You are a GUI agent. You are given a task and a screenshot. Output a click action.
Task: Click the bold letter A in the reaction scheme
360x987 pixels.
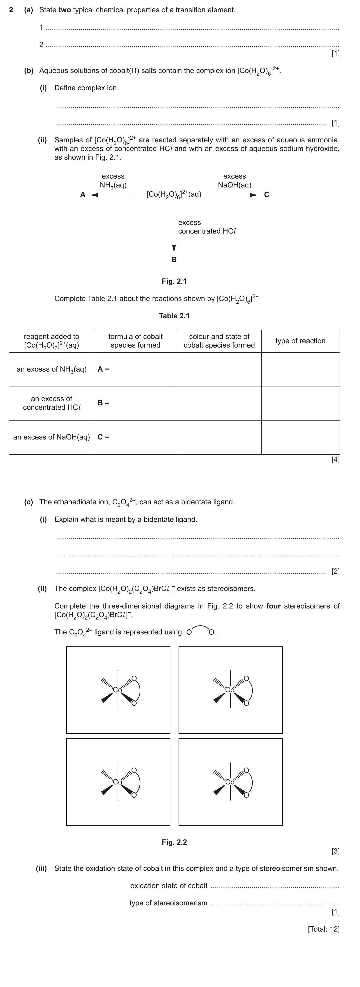83,195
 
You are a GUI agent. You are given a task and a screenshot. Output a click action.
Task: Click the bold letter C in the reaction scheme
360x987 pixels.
267,195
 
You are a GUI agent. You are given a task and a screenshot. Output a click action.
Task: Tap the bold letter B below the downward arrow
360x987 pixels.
174,260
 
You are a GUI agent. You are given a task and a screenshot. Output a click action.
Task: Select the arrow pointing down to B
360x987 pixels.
174,230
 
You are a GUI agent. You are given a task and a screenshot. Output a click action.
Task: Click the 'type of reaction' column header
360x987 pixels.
300,341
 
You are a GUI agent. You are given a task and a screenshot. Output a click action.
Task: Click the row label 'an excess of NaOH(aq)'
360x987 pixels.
52,437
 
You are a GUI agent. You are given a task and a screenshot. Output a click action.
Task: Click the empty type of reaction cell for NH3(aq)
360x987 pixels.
300,369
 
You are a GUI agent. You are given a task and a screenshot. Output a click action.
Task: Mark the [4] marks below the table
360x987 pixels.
335,459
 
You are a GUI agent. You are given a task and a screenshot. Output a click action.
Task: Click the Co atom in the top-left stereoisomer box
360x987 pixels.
118,690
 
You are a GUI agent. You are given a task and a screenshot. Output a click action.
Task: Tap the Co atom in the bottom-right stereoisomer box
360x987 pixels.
230,782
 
